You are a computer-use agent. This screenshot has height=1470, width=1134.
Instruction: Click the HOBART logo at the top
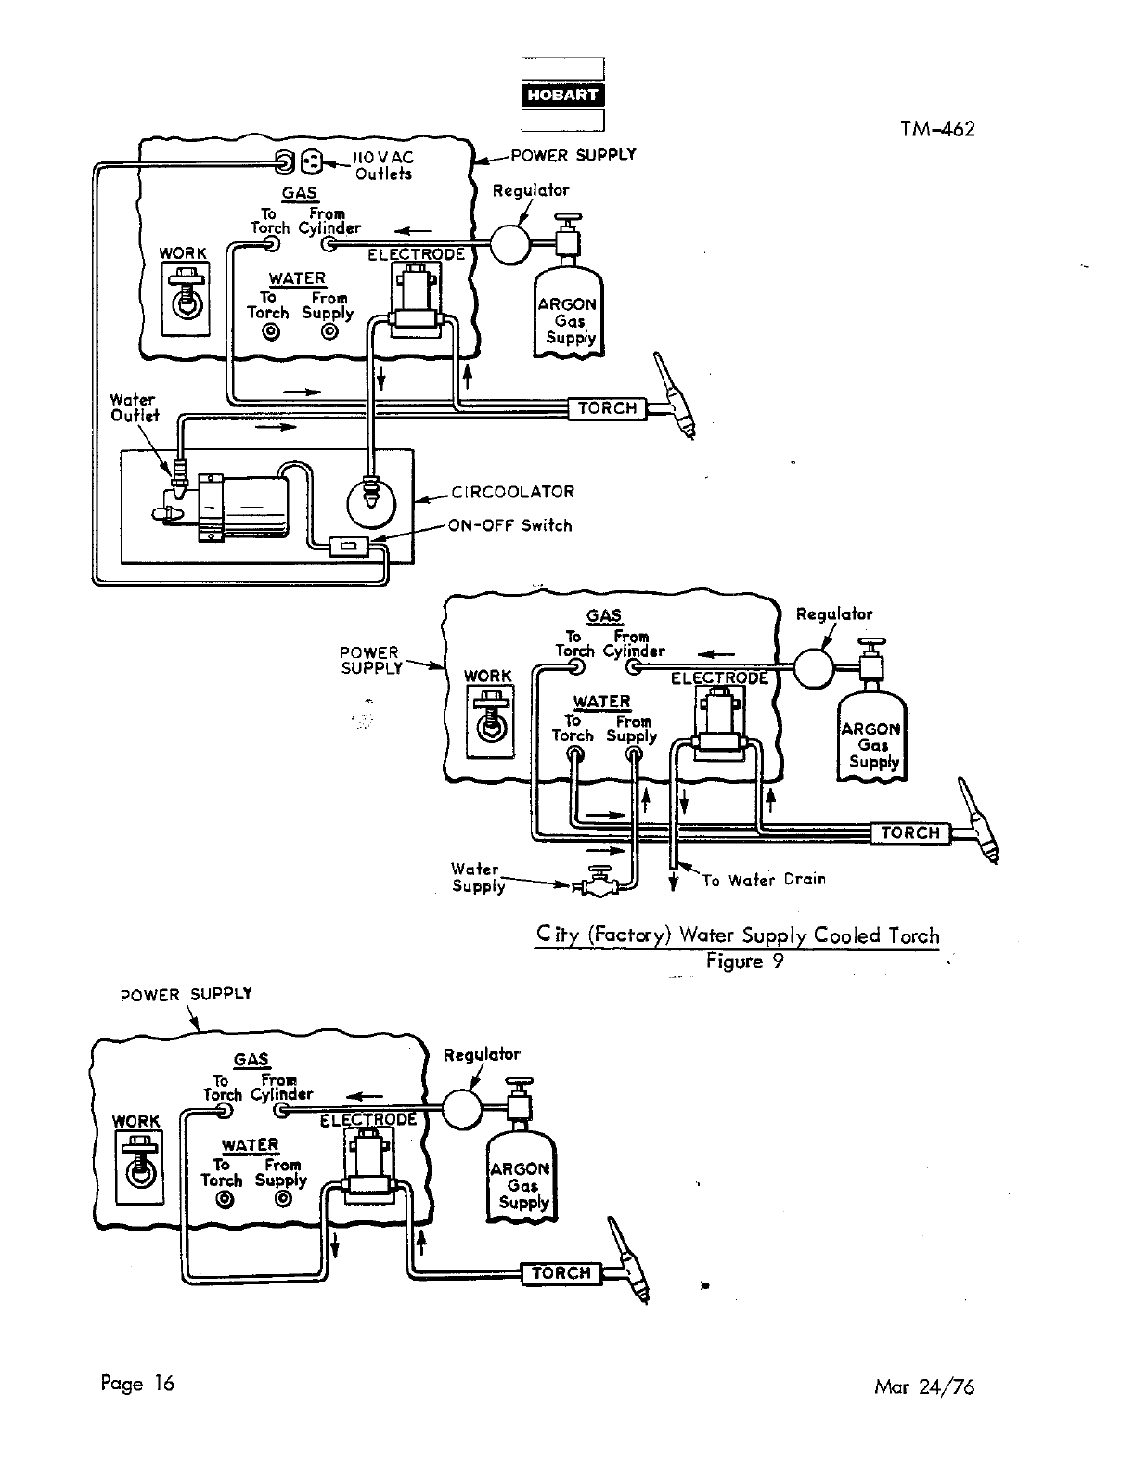pos(562,95)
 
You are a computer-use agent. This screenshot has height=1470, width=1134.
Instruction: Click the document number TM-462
pos(936,129)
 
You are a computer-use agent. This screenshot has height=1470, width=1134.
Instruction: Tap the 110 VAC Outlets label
pos(382,166)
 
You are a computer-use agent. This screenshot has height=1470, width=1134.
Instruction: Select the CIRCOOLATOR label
pos(512,492)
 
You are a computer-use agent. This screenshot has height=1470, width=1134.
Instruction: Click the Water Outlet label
pos(135,408)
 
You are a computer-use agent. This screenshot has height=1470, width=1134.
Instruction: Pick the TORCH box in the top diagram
pos(608,408)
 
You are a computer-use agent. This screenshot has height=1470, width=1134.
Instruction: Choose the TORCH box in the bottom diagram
pos(561,1273)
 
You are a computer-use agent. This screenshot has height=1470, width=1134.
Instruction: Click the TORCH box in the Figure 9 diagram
pos(910,833)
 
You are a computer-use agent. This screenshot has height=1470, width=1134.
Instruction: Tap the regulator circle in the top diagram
pos(509,243)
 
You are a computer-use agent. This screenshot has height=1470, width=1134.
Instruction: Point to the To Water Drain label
pos(763,880)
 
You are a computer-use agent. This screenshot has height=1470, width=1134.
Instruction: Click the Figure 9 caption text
pos(744,961)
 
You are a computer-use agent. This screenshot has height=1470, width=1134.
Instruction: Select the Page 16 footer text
pos(137,1384)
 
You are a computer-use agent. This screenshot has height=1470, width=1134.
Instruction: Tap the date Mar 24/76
pos(924,1387)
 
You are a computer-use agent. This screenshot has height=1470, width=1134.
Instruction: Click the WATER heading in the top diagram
pos(297,278)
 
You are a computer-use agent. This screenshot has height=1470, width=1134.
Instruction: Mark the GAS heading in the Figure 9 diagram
pos(604,616)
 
